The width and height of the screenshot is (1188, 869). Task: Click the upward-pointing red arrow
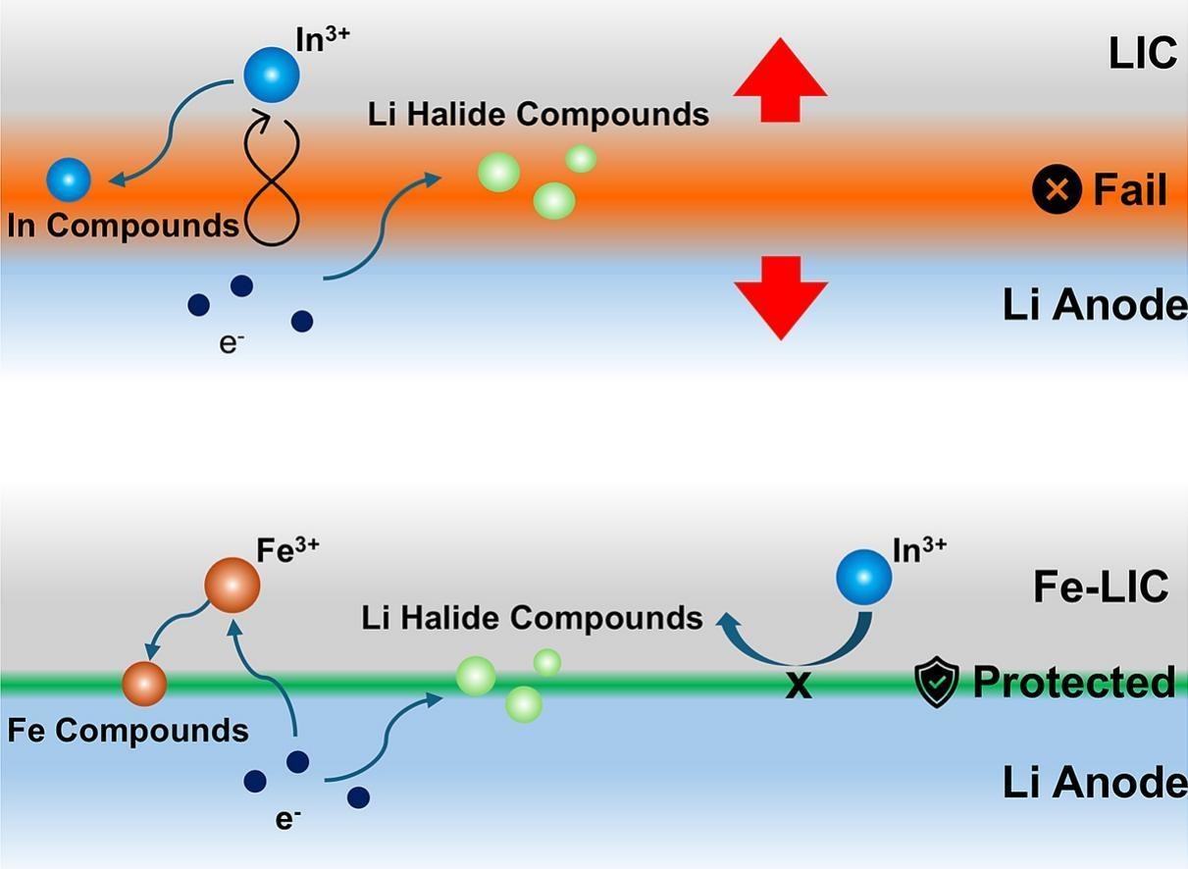tap(780, 80)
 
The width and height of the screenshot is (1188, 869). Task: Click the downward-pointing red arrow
tap(781, 297)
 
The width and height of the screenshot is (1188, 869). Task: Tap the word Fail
tap(1130, 190)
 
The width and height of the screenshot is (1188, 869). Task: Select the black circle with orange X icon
tap(1057, 188)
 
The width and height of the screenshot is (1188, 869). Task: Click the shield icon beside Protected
tap(937, 682)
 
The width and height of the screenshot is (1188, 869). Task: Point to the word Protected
tap(1074, 682)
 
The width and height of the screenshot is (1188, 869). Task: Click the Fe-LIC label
tap(1101, 587)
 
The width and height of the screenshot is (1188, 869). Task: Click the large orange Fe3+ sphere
tap(232, 585)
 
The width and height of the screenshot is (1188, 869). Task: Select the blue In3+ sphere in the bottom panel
tap(864, 577)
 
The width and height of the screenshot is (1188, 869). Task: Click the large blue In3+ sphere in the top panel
tap(272, 75)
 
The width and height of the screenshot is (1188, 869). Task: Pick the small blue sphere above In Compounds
tap(69, 180)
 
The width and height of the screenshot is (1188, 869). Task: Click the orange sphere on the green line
tap(144, 684)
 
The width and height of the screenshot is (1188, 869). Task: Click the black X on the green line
tap(799, 687)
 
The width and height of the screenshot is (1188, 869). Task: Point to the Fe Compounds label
tap(128, 731)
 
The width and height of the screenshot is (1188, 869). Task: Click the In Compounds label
tap(123, 226)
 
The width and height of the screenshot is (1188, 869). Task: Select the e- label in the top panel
tap(232, 343)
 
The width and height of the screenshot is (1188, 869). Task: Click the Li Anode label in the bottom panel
tap(1095, 783)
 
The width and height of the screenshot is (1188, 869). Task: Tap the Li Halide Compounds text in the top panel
tap(539, 115)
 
